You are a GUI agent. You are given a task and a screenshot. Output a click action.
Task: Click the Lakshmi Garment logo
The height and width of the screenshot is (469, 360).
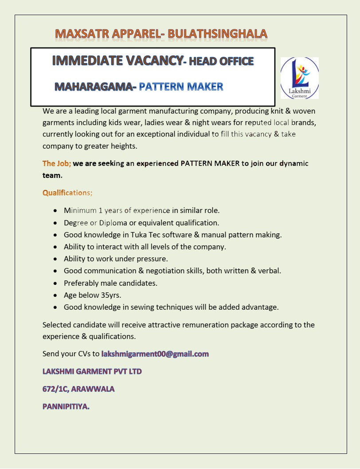[299, 78]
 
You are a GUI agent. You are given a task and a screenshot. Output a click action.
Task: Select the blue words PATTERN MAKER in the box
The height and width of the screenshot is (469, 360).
[181, 87]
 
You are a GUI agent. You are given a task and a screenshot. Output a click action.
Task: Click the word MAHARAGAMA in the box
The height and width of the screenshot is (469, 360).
[93, 87]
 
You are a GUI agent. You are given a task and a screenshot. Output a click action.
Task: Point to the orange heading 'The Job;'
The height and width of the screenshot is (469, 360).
[57, 163]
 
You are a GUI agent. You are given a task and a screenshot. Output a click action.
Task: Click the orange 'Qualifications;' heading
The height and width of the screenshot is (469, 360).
[67, 193]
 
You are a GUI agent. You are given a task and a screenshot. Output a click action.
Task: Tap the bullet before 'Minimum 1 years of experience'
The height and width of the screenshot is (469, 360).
[55, 210]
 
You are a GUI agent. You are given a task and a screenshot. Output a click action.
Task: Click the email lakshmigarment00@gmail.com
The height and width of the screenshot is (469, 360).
[155, 354]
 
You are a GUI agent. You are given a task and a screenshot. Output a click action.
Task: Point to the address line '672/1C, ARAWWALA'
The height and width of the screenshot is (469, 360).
[78, 389]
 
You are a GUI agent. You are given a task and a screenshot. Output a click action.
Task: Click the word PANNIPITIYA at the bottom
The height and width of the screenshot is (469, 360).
[66, 406]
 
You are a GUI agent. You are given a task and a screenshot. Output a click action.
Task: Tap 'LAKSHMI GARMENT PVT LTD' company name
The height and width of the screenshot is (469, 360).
[92, 371]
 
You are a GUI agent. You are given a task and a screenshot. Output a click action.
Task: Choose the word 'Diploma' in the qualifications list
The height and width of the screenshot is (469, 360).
[113, 223]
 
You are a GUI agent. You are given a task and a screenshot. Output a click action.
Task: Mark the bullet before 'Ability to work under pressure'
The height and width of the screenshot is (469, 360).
[55, 259]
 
